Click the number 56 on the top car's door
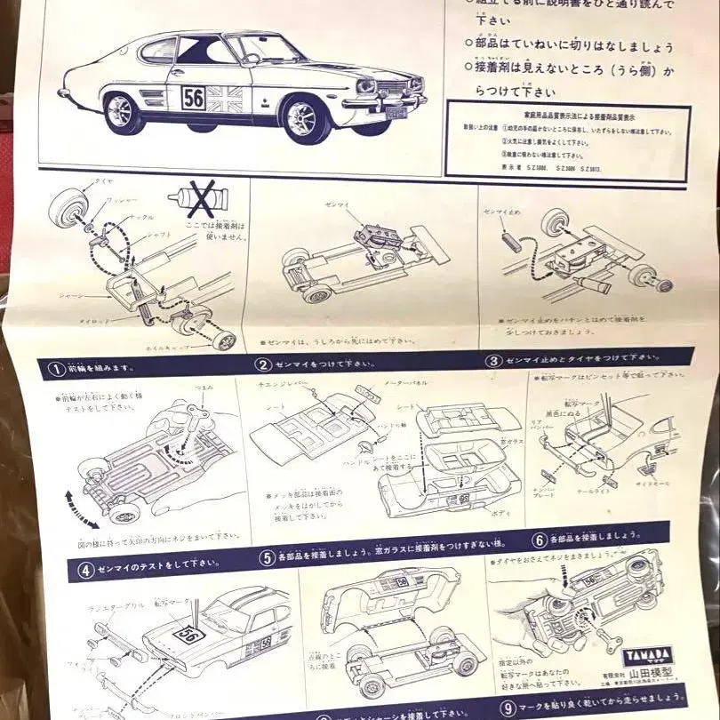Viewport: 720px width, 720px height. pyautogui.click(x=194, y=97)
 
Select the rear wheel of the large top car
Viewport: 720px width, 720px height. pyautogui.click(x=123, y=113)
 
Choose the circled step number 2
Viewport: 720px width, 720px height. pyautogui.click(x=263, y=364)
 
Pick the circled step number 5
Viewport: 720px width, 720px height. pyautogui.click(x=266, y=558)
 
